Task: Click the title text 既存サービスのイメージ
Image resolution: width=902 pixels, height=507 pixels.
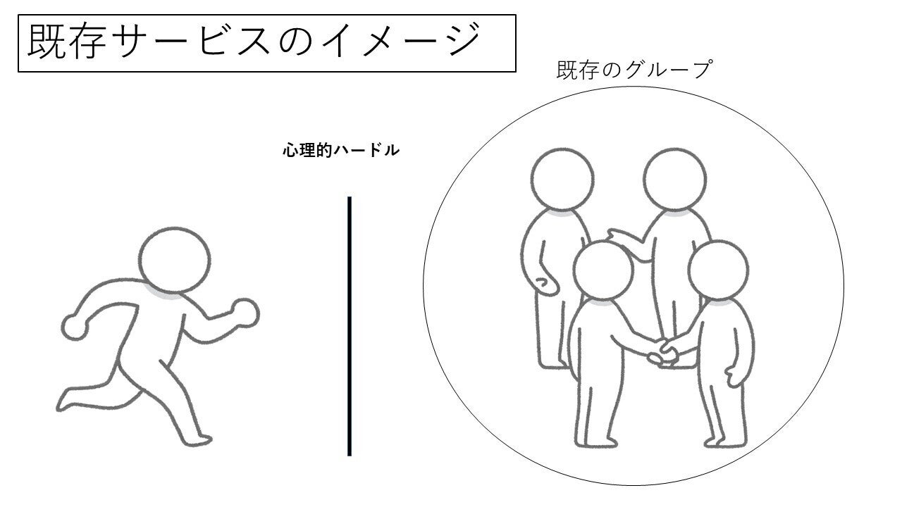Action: click(x=254, y=41)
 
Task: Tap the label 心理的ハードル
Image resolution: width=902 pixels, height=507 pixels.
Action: click(x=341, y=151)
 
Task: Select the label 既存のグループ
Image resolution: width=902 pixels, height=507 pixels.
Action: click(x=635, y=70)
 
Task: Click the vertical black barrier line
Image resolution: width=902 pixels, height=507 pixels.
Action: click(x=350, y=326)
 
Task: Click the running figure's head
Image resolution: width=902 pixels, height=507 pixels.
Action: click(x=175, y=261)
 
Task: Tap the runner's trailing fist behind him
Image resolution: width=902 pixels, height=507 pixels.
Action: click(x=75, y=327)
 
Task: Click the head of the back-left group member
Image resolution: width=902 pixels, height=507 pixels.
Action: click(x=562, y=179)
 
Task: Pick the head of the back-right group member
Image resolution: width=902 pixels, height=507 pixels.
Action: click(x=674, y=179)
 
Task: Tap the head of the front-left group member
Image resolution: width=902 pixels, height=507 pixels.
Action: click(x=603, y=270)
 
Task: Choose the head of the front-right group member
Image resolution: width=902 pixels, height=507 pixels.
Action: click(x=718, y=270)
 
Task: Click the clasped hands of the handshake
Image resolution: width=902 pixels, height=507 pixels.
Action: click(x=662, y=352)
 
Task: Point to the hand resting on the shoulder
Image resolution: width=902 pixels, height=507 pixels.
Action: click(x=622, y=237)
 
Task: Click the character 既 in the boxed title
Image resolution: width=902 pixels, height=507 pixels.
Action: click(x=47, y=41)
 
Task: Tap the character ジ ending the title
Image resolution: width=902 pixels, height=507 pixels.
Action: click(x=463, y=39)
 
